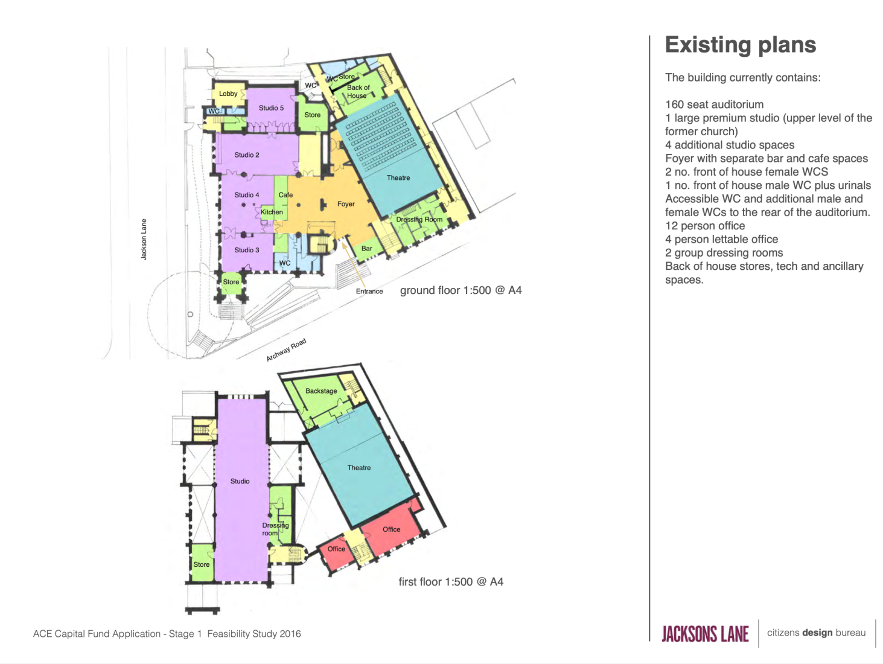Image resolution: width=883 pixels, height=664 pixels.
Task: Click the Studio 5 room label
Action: coord(271,108)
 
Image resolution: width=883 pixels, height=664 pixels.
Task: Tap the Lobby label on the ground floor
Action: coord(228,94)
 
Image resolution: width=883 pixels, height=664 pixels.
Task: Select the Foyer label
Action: coord(346,204)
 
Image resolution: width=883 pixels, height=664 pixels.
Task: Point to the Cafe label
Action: coord(285,194)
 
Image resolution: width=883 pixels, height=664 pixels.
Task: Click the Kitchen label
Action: coord(272,212)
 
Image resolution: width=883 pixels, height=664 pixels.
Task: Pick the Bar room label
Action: coord(366,249)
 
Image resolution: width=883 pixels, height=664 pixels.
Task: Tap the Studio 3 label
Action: coord(247,250)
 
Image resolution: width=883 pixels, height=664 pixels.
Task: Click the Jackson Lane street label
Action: coord(144,239)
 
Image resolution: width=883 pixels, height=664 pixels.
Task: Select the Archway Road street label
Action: coord(286,350)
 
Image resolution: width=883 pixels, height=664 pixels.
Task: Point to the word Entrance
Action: coord(369,291)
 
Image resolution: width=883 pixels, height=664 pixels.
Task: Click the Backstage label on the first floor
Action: coord(321,391)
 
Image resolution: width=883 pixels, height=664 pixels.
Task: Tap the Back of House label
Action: coord(358,91)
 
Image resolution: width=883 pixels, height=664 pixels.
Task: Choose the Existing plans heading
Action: coord(740,45)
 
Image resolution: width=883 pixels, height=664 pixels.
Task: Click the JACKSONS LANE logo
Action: coord(705,633)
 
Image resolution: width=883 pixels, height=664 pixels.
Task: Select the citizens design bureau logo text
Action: coord(816,633)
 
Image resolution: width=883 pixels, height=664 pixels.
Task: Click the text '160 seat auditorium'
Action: coord(714,104)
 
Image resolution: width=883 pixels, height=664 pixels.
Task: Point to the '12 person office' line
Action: coord(705,226)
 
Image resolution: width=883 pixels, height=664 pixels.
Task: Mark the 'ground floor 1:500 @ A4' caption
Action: coord(461,290)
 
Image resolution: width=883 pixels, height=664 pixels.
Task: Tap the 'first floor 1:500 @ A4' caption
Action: coord(450,581)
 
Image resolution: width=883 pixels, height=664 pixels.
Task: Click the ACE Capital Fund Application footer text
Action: coord(167,633)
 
